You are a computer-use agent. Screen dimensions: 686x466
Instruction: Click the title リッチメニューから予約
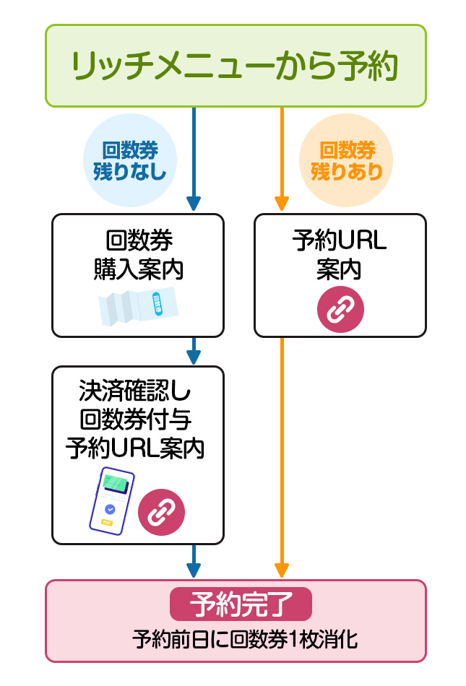pos(235,66)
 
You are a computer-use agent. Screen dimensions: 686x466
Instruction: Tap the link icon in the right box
pos(340,308)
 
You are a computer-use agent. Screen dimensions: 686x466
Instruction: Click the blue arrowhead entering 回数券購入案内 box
pos(193,203)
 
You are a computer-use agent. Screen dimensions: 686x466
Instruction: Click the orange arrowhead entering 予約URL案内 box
pos(282,203)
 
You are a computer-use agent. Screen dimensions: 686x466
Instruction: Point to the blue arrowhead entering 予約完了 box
pos(193,570)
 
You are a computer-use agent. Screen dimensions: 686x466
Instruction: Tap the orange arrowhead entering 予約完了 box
pos(282,570)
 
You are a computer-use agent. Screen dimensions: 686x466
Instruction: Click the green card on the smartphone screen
pos(115,482)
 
